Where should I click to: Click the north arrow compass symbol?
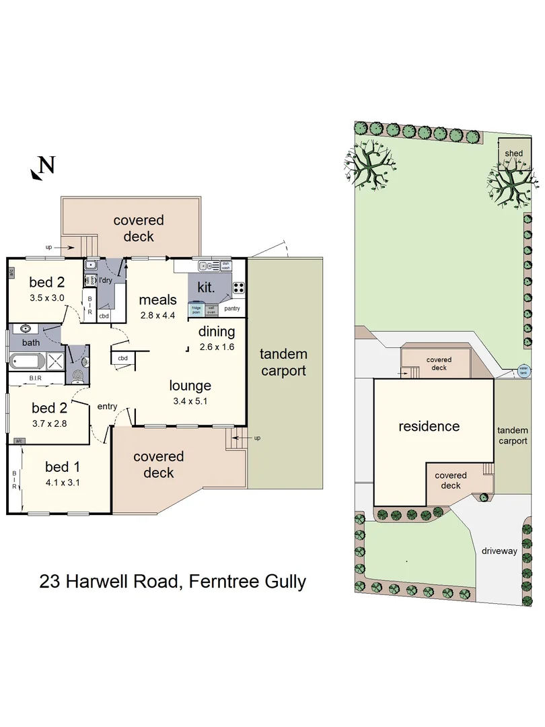[x=41, y=168]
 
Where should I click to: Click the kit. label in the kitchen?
[x=205, y=287]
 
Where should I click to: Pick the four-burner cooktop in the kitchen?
[x=238, y=288]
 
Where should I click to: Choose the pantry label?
[x=233, y=309]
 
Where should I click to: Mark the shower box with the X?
[x=58, y=361]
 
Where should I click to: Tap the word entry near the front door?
[x=107, y=406]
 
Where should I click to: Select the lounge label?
[x=190, y=386]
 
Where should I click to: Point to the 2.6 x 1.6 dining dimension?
[x=216, y=347]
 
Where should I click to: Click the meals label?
[x=157, y=300]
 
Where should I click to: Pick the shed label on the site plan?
[x=513, y=153]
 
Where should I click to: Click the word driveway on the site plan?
[x=499, y=551]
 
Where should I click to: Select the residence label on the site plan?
[x=429, y=426]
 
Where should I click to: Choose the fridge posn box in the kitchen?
[x=196, y=310]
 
